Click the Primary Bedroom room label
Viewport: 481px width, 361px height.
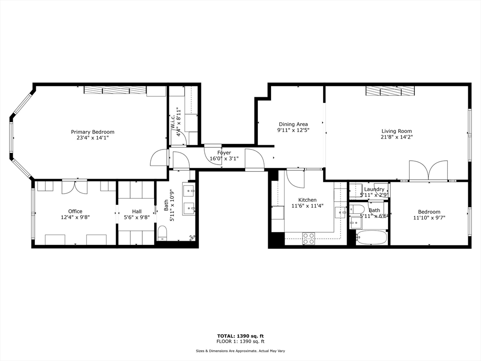click(93, 132)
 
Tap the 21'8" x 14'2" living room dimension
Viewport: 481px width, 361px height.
click(396, 137)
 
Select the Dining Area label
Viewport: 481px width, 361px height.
click(293, 124)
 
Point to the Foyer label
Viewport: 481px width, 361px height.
click(224, 153)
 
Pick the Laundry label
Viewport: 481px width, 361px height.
click(374, 189)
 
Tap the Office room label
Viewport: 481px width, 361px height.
click(75, 211)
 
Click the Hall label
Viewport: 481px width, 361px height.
click(136, 211)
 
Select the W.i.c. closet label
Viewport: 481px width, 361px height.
click(173, 121)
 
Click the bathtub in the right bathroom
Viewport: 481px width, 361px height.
click(371, 237)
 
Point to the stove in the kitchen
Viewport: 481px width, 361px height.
click(309, 238)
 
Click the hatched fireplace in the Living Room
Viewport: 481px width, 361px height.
click(390, 91)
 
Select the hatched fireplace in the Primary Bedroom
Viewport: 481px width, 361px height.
click(115, 90)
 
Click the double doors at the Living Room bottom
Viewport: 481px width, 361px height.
click(428, 171)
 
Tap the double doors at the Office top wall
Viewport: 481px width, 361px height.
click(75, 186)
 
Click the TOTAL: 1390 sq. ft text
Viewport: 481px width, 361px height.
click(237, 336)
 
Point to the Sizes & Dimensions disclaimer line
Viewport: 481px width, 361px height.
click(240, 351)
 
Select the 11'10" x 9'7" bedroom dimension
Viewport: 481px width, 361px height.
click(429, 218)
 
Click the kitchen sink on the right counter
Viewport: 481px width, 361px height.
click(340, 212)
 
